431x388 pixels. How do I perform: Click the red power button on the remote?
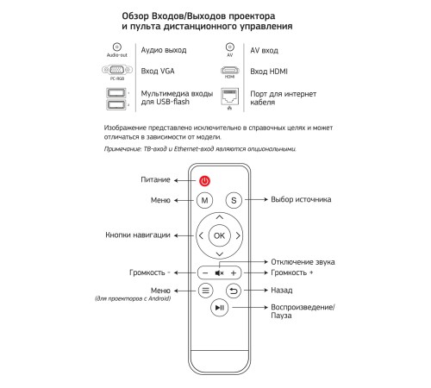click(204, 181)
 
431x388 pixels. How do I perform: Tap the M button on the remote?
click(204, 200)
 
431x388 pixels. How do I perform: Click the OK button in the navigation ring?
click(219, 235)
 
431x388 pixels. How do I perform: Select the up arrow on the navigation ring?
click(220, 217)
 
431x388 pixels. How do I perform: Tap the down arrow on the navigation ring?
click(220, 254)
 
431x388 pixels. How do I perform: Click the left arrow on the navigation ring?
click(201, 235)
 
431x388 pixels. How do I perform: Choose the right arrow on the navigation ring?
click(238, 235)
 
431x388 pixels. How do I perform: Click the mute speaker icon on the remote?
click(219, 273)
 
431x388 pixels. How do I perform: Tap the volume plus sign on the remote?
click(234, 273)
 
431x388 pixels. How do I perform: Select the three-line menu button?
click(206, 291)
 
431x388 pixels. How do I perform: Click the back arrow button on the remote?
click(234, 291)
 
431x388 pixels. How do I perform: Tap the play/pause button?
click(220, 308)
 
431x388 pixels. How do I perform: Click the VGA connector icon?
click(117, 70)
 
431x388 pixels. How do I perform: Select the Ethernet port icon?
click(229, 97)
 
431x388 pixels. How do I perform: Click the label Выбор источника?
click(301, 199)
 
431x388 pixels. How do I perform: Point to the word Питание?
click(155, 179)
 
